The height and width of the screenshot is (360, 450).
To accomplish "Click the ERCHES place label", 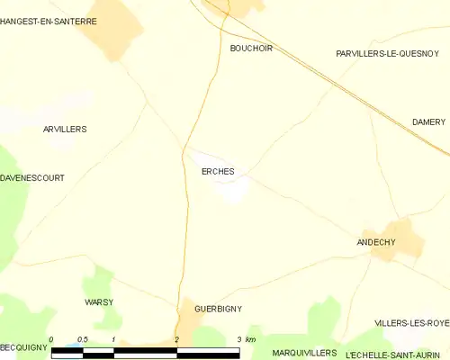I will pyautogui.click(x=211, y=171).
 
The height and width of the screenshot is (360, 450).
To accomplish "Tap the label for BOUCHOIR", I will pyautogui.click(x=251, y=49).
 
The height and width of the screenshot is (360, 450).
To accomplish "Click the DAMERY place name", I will pyautogui.click(x=429, y=121).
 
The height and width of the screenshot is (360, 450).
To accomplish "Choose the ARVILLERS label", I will pyautogui.click(x=65, y=130).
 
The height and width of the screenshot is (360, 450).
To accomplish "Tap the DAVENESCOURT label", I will pyautogui.click(x=32, y=178).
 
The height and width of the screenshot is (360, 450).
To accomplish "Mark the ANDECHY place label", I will pyautogui.click(x=376, y=242).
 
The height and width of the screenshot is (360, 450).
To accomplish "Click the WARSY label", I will pyautogui.click(x=99, y=301).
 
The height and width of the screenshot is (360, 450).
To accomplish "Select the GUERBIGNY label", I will pyautogui.click(x=218, y=309).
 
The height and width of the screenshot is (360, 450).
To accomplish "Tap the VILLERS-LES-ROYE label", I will pyautogui.click(x=412, y=322).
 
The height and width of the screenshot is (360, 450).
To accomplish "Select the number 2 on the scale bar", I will pyautogui.click(x=176, y=339).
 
